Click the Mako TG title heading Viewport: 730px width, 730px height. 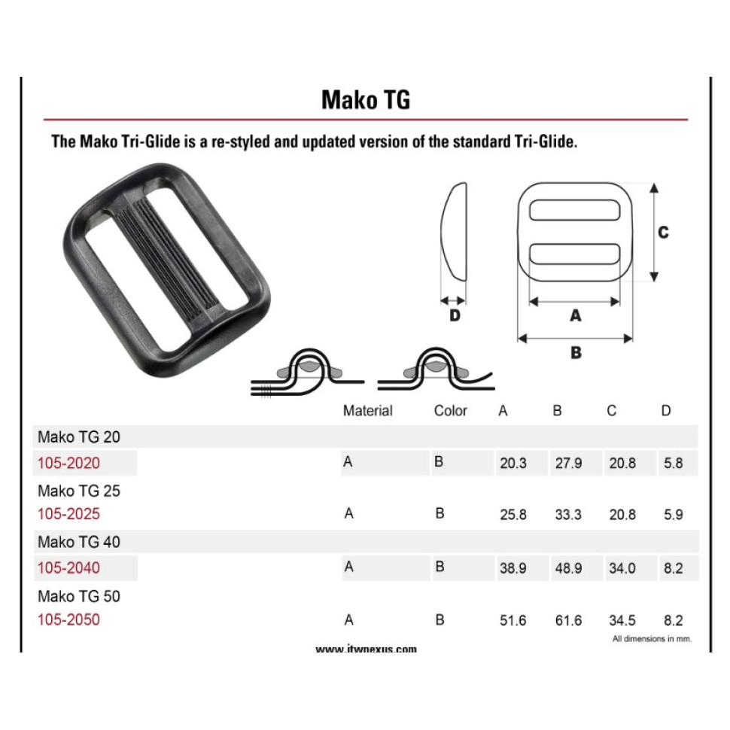(x=366, y=99)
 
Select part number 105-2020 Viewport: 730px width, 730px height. (x=68, y=463)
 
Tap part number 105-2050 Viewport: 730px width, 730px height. (x=68, y=619)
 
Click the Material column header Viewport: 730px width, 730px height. (x=367, y=411)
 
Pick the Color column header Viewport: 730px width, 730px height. (x=450, y=411)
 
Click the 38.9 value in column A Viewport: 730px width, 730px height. (x=513, y=568)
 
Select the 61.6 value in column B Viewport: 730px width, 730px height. (x=568, y=620)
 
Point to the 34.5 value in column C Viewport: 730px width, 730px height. (x=622, y=620)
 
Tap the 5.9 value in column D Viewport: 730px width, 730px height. (x=674, y=515)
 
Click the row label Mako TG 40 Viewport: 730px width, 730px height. (x=79, y=542)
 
